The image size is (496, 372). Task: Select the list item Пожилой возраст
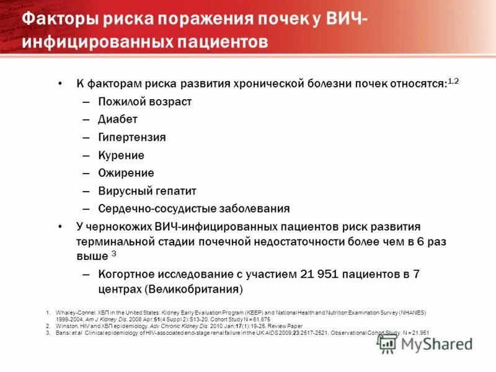[144, 102]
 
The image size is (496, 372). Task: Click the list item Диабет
[118, 119]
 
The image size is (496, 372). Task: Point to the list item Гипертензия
[132, 137]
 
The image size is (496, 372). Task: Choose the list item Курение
[121, 155]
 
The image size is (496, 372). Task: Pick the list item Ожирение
[126, 173]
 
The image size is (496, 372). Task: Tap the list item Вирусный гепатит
[147, 191]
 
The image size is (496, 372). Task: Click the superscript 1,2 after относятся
[453, 81]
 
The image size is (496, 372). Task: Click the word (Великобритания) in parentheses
[193, 290]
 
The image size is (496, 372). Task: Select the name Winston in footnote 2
[64, 325]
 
